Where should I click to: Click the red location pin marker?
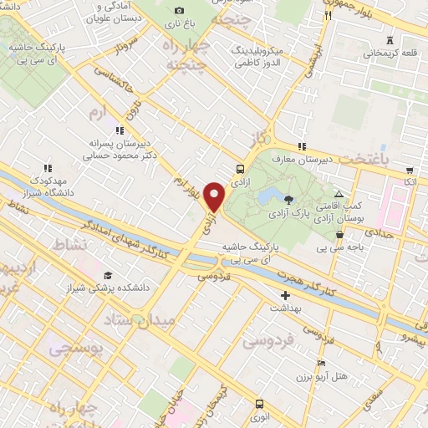[215, 196]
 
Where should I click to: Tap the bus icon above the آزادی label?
[241, 168]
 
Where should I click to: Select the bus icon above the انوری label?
[260, 403]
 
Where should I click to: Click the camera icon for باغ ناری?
[178, 10]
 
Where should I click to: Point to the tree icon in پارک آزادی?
[288, 199]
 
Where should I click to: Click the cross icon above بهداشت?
[286, 295]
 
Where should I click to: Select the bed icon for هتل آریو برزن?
[322, 364]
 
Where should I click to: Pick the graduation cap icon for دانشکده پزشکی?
[107, 276]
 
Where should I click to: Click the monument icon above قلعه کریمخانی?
[389, 40]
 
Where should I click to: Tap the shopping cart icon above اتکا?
[408, 168]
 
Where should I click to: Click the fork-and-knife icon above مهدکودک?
[48, 168]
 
